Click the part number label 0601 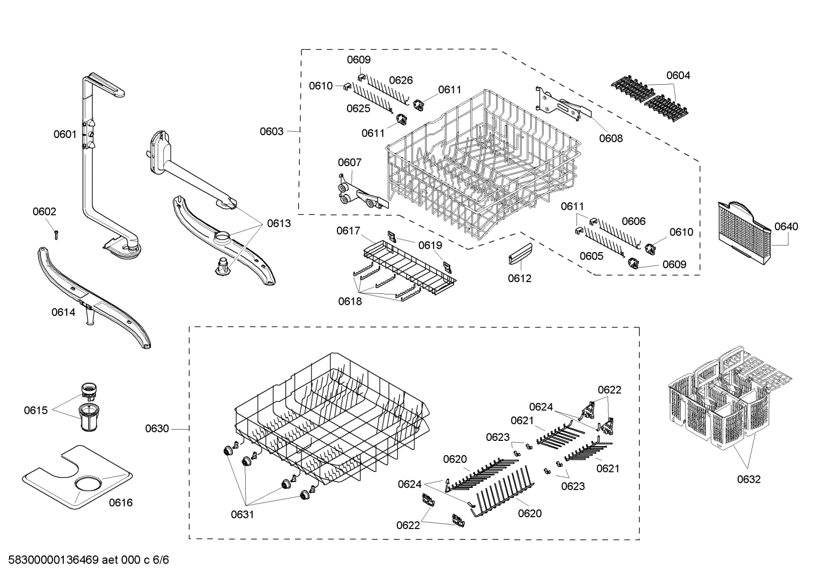pos(64,134)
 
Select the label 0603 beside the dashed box pos(271,131)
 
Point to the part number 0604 pos(678,75)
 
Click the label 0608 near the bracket pos(611,137)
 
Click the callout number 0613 pos(279,223)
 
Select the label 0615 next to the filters pos(35,410)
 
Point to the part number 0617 pos(348,231)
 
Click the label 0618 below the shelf pos(350,301)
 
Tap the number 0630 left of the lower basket pos(157,428)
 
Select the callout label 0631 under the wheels pos(242,514)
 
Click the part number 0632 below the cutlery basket pos(748,479)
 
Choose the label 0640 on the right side pos(786,227)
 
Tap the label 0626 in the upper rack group pos(401,80)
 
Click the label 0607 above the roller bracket pos(349,163)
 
